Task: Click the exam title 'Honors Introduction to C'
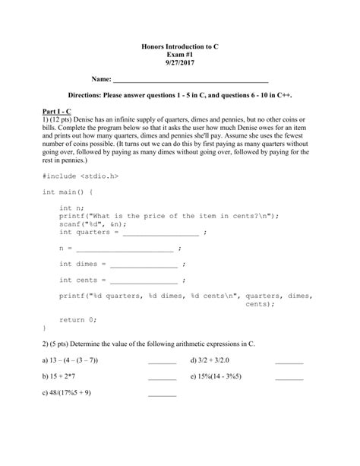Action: [180, 46]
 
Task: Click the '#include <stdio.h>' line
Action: [81, 176]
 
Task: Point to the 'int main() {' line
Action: [73, 192]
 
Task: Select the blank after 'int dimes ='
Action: [144, 265]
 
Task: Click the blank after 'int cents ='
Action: [144, 281]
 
